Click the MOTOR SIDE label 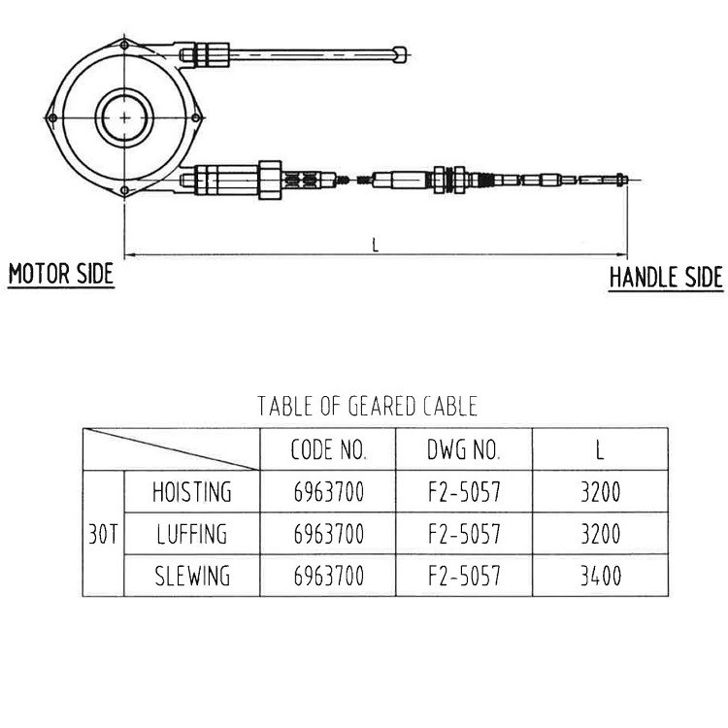click(61, 274)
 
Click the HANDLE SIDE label click(666, 278)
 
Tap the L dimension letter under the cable click(376, 245)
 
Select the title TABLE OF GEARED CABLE click(367, 405)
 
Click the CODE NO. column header click(328, 450)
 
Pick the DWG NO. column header click(463, 450)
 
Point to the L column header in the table click(600, 450)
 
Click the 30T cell click(103, 535)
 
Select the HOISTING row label click(192, 492)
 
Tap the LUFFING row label click(191, 535)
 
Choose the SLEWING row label click(192, 577)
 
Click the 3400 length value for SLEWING click(600, 577)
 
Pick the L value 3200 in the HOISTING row click(600, 492)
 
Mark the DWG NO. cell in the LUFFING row click(464, 535)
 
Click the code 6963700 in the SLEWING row click(328, 577)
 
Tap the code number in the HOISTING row click(328, 492)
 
